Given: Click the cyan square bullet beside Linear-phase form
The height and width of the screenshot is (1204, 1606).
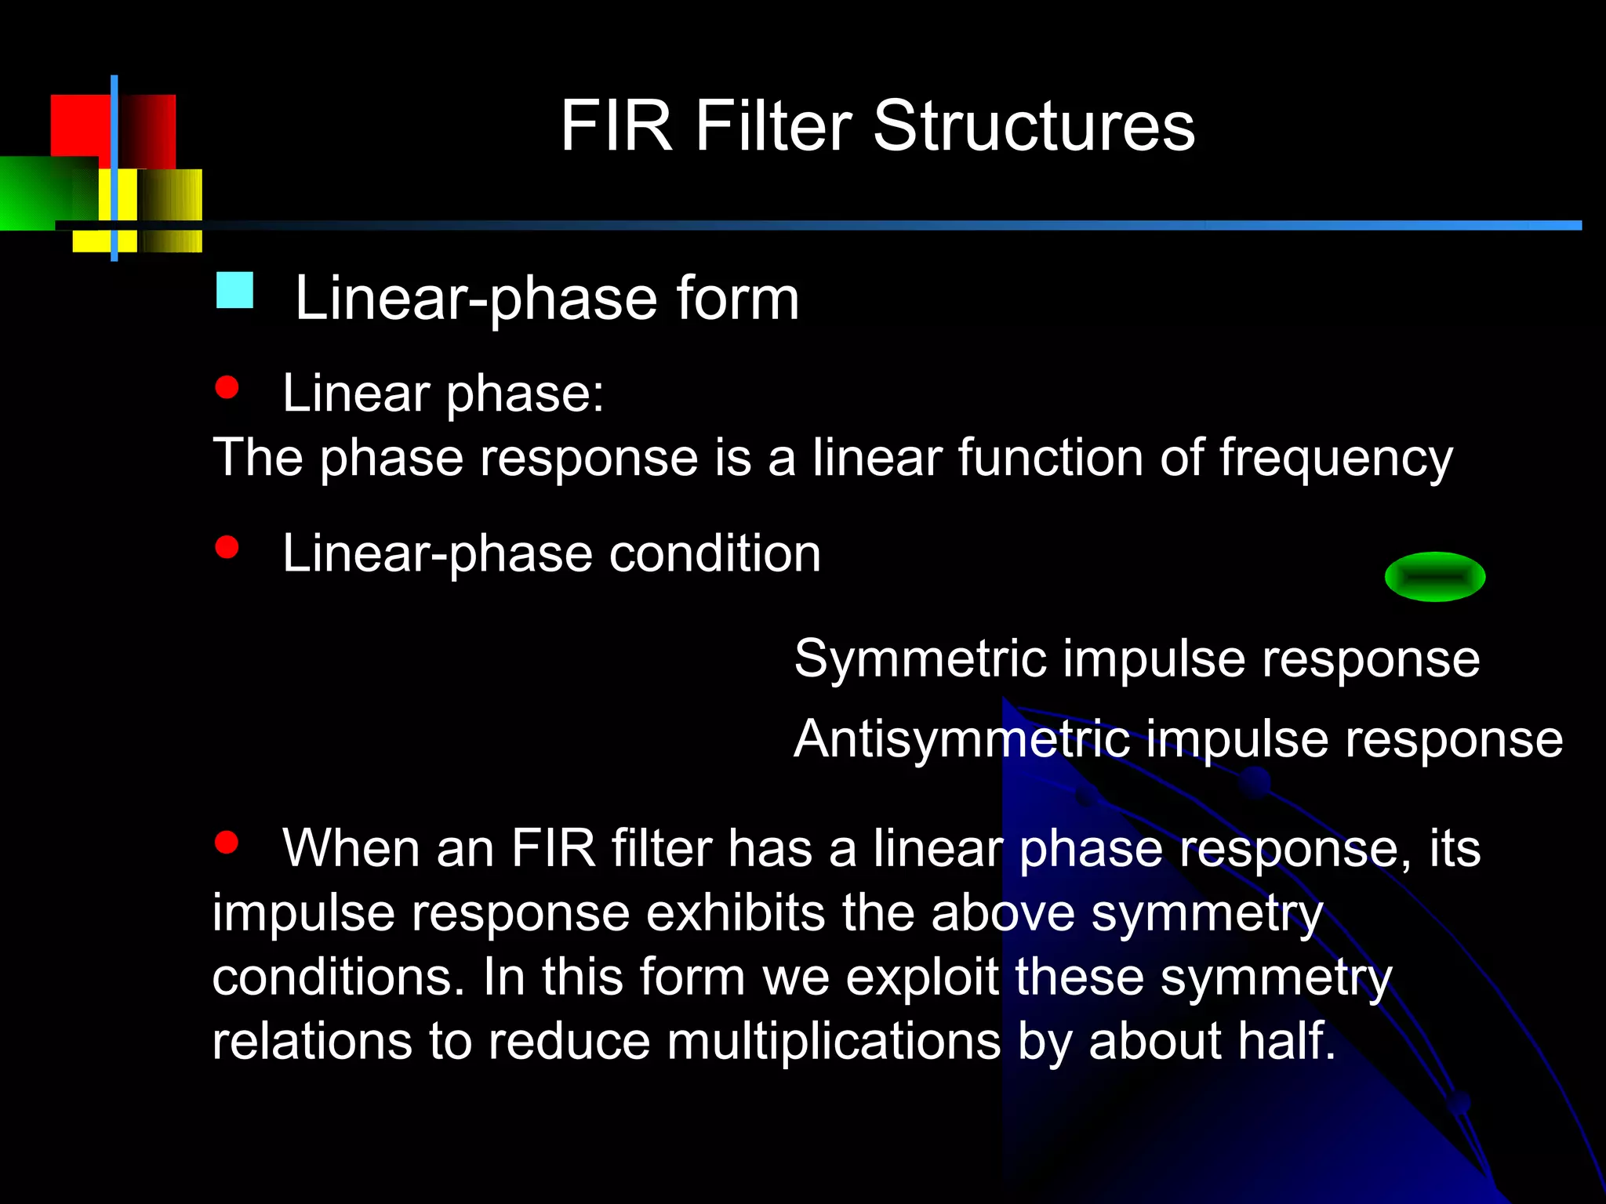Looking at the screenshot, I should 234,290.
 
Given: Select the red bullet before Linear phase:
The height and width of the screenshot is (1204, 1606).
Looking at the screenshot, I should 227,387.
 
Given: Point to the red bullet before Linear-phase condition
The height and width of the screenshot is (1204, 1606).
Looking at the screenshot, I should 227,546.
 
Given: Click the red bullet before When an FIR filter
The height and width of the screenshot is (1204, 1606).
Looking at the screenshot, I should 227,842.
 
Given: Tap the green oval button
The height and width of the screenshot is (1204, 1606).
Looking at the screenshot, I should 1434,577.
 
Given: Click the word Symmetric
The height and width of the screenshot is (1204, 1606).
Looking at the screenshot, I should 920,658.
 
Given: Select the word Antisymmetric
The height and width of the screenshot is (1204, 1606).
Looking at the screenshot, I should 961,740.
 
